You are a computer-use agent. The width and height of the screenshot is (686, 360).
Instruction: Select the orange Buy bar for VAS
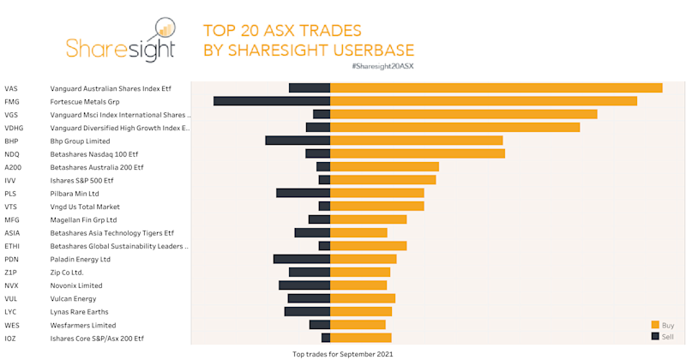pyautogui.click(x=496, y=87)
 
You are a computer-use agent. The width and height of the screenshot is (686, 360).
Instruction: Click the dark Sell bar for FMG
pyautogui.click(x=272, y=101)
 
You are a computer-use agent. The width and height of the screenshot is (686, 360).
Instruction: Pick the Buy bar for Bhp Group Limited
pyautogui.click(x=416, y=141)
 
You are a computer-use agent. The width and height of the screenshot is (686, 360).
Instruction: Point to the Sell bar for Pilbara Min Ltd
pyautogui.click(x=303, y=193)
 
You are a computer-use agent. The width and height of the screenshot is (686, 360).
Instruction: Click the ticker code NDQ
pyautogui.click(x=12, y=153)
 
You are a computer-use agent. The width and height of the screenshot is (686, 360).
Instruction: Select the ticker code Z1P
pyautogui.click(x=11, y=272)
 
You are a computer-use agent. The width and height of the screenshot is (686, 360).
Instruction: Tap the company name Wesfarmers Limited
pyautogui.click(x=83, y=325)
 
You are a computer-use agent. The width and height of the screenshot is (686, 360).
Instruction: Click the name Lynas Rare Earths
pyautogui.click(x=81, y=312)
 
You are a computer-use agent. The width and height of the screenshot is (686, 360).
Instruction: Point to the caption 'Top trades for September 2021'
pyautogui.click(x=342, y=353)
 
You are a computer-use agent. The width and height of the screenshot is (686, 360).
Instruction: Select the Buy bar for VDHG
pyautogui.click(x=454, y=128)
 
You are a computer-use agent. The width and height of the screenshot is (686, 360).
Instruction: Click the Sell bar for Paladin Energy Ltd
pyautogui.click(x=302, y=259)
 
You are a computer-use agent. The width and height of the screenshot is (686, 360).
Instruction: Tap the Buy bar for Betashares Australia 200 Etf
pyautogui.click(x=384, y=166)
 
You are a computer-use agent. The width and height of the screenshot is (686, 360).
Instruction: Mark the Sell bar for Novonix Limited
pyautogui.click(x=304, y=285)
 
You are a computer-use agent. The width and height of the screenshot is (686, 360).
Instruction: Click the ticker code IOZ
pyautogui.click(x=11, y=339)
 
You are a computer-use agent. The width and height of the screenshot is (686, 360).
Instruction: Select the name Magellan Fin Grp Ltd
pyautogui.click(x=83, y=219)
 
